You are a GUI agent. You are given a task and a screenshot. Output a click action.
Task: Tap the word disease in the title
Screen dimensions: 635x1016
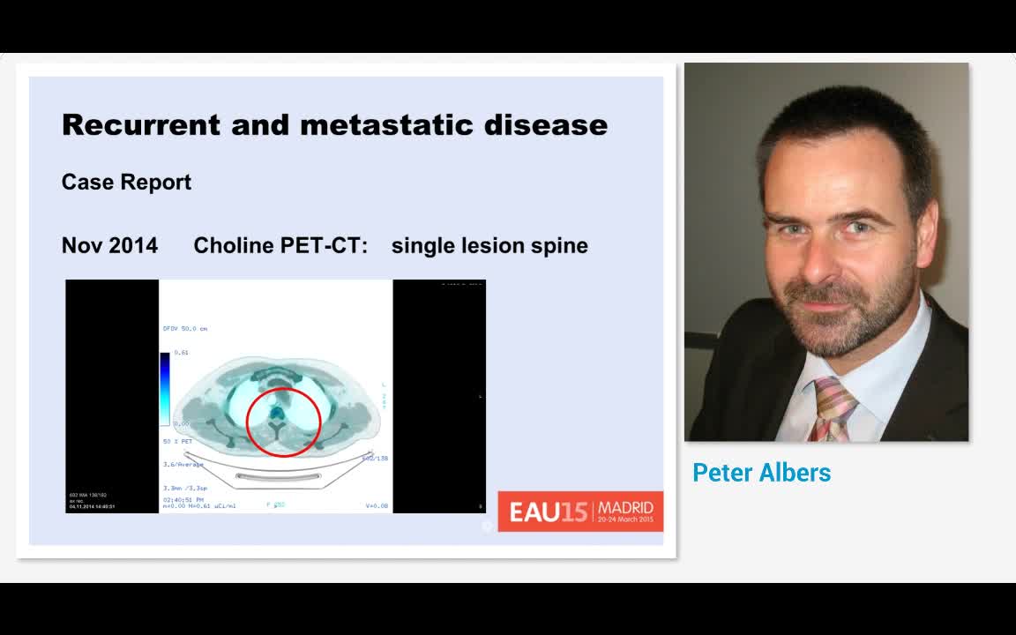545,124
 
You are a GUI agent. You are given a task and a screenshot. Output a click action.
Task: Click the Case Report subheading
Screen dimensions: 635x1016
126,182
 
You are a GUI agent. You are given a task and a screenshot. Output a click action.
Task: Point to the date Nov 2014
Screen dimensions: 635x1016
109,245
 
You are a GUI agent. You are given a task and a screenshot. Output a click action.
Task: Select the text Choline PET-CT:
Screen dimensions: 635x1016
280,245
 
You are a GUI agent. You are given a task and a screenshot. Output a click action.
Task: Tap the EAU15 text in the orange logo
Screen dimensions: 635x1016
547,512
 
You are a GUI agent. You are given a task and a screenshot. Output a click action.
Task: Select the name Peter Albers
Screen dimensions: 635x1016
761,473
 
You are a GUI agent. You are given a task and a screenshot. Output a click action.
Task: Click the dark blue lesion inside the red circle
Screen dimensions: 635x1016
276,411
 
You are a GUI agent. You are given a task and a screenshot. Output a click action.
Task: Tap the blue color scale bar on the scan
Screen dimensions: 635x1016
165,388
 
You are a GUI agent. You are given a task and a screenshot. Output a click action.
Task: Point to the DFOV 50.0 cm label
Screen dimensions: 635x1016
184,328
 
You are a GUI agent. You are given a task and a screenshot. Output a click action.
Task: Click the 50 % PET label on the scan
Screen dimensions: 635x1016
177,441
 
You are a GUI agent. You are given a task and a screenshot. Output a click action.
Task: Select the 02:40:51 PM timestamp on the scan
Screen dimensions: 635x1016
183,500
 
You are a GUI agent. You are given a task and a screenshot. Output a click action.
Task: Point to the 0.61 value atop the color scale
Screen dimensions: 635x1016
181,352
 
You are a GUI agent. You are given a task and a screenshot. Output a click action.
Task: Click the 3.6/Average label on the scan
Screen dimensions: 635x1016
183,464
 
